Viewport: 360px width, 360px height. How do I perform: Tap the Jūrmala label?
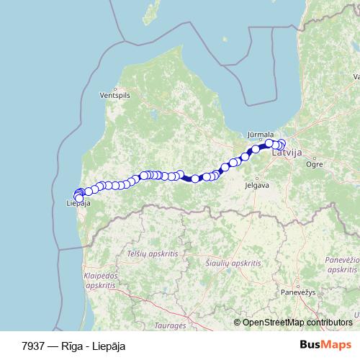pos(260,135)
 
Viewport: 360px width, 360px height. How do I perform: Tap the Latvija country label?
pos(288,153)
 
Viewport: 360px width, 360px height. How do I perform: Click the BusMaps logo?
pos(325,345)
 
